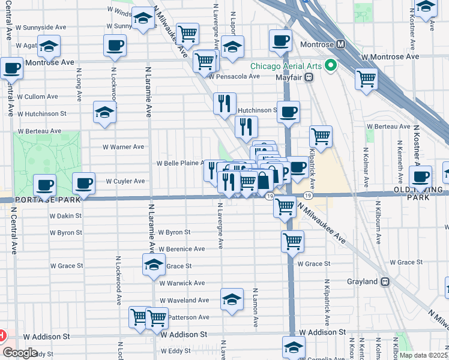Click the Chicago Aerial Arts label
(286, 66)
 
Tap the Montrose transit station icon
(340, 44)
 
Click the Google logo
(20, 353)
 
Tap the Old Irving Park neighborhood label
(427, 193)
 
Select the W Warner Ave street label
(124, 146)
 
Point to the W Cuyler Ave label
(125, 181)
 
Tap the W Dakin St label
(65, 215)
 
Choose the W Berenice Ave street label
(182, 248)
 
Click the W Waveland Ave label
(184, 300)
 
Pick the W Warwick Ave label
(182, 283)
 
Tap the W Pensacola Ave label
(235, 76)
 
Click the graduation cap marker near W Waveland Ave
(232, 300)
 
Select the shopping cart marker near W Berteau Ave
(321, 136)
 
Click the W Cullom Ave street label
(37, 96)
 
